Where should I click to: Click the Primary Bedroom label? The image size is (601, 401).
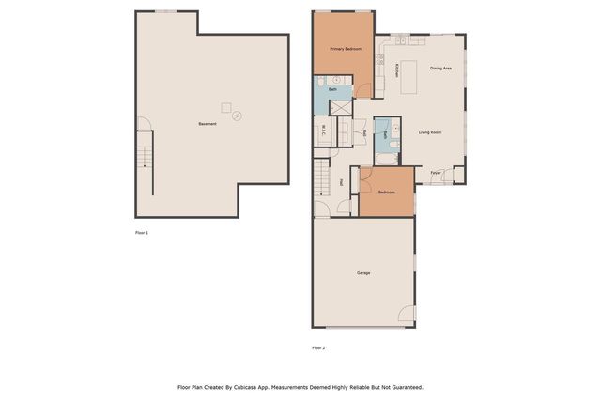346,48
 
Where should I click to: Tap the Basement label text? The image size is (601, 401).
208,124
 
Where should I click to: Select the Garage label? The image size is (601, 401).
363,273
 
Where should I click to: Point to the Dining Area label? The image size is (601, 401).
441,69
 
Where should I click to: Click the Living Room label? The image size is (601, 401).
430,132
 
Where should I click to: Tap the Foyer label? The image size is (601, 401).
436,173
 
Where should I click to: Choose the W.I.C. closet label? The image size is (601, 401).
324,132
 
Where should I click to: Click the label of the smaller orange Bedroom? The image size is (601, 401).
387,193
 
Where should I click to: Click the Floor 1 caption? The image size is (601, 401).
141,232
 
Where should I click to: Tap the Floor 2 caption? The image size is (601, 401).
318,347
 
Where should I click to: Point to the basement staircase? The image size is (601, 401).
145,149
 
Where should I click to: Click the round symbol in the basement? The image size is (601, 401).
237,116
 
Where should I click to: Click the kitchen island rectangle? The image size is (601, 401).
410,81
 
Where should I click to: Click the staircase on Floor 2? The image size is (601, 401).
322,174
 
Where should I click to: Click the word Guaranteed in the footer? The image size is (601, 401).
403,386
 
